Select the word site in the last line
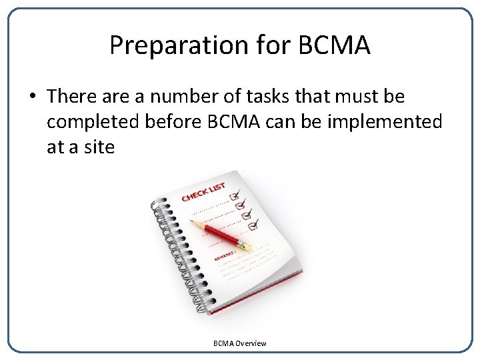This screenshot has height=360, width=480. click(99, 147)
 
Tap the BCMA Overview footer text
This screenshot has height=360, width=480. click(239, 343)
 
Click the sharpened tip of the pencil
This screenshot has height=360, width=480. click(193, 221)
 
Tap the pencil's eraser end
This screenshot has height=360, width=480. click(245, 247)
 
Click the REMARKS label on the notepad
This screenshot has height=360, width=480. click(224, 254)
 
